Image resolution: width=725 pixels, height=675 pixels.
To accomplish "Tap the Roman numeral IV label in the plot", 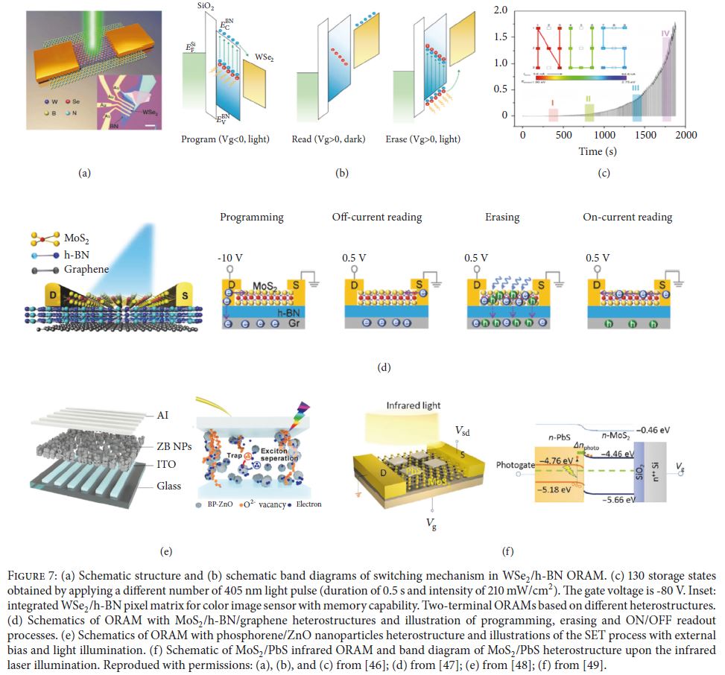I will [x=665, y=33].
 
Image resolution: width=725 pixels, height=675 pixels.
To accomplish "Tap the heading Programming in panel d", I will [x=251, y=217].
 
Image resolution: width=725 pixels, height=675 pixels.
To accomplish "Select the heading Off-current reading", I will [x=377, y=217].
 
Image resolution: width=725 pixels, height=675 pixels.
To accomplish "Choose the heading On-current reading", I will [x=627, y=217].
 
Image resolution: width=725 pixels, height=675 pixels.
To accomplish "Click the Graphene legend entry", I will [x=84, y=269].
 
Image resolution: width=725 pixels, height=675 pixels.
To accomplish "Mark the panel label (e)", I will [x=166, y=551].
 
